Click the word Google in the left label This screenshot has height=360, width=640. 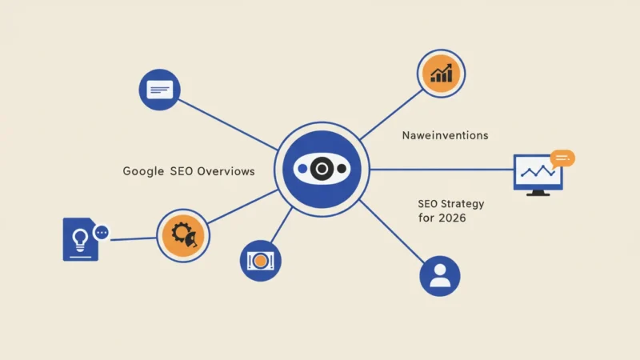(x=143, y=171)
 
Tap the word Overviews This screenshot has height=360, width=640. (x=226, y=171)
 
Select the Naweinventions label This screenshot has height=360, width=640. (x=445, y=135)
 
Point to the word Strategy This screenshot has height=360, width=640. (x=462, y=204)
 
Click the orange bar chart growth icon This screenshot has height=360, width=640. (x=442, y=74)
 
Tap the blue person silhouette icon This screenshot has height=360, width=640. (x=440, y=276)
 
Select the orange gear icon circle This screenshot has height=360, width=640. (x=183, y=235)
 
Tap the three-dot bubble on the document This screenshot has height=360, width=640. (x=102, y=233)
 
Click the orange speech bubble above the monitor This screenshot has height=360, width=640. (x=562, y=158)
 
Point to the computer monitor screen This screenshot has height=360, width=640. (x=538, y=172)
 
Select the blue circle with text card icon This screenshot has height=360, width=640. (x=159, y=90)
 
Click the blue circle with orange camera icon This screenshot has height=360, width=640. (x=261, y=261)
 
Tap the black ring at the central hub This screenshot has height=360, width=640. (x=322, y=169)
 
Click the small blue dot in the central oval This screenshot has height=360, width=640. (x=302, y=169)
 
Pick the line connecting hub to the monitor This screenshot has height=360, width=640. (x=442, y=170)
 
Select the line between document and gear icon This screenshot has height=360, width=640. (x=134, y=238)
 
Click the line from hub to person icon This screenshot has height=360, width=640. (x=392, y=231)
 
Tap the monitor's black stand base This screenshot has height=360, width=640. (x=538, y=194)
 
